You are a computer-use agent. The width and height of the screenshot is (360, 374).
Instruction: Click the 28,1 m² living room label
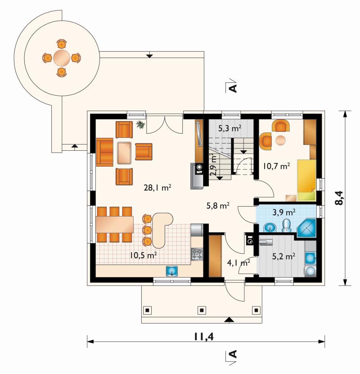point(157,188)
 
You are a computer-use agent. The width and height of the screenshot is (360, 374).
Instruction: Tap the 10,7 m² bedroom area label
point(277,166)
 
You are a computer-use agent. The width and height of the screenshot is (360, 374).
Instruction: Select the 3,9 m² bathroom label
point(284,212)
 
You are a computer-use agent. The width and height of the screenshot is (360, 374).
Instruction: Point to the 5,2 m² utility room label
point(283,256)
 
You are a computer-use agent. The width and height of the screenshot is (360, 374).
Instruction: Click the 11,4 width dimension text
point(203,337)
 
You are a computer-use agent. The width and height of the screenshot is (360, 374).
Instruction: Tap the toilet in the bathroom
point(286,225)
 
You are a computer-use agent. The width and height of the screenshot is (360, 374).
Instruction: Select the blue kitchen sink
point(172,271)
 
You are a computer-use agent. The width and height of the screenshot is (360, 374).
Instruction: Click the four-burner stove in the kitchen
point(197,254)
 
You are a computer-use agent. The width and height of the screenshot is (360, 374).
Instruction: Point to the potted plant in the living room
point(140,125)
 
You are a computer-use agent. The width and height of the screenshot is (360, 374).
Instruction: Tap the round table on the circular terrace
point(62,58)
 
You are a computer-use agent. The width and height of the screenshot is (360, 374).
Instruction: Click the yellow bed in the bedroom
point(306,180)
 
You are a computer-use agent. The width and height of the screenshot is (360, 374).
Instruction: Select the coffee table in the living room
point(124,153)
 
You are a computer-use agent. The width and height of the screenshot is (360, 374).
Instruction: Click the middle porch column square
point(202,310)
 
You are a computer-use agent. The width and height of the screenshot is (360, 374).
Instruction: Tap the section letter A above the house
point(233,88)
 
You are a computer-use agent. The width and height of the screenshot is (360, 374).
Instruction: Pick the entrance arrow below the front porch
point(229,320)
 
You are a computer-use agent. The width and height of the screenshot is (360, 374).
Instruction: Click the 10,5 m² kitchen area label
point(143,255)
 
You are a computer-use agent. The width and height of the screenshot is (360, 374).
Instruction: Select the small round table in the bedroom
point(281,140)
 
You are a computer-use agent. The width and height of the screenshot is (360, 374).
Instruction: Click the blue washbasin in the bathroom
point(270,227)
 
